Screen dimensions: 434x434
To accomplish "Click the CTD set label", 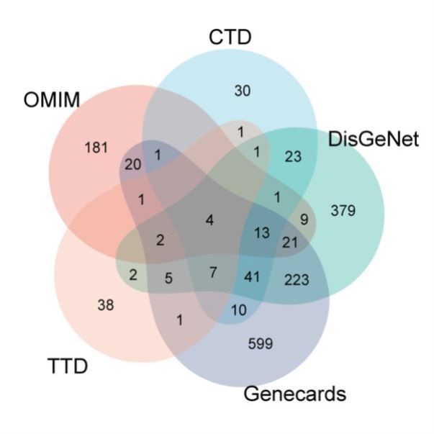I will (x=231, y=37).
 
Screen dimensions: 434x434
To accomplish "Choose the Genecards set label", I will (x=295, y=394).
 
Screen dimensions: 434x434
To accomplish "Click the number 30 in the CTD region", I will (x=242, y=90).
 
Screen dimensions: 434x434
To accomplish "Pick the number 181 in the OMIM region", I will (x=96, y=148).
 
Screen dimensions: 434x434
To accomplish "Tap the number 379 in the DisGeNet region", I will (x=343, y=211).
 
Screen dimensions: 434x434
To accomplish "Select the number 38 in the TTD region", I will (x=105, y=304).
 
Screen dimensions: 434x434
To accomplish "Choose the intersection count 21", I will (x=290, y=243).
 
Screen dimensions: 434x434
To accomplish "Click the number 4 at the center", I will (x=209, y=220).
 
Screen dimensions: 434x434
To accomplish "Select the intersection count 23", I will (x=294, y=156).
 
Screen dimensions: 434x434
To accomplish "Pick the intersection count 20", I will (x=132, y=164).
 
